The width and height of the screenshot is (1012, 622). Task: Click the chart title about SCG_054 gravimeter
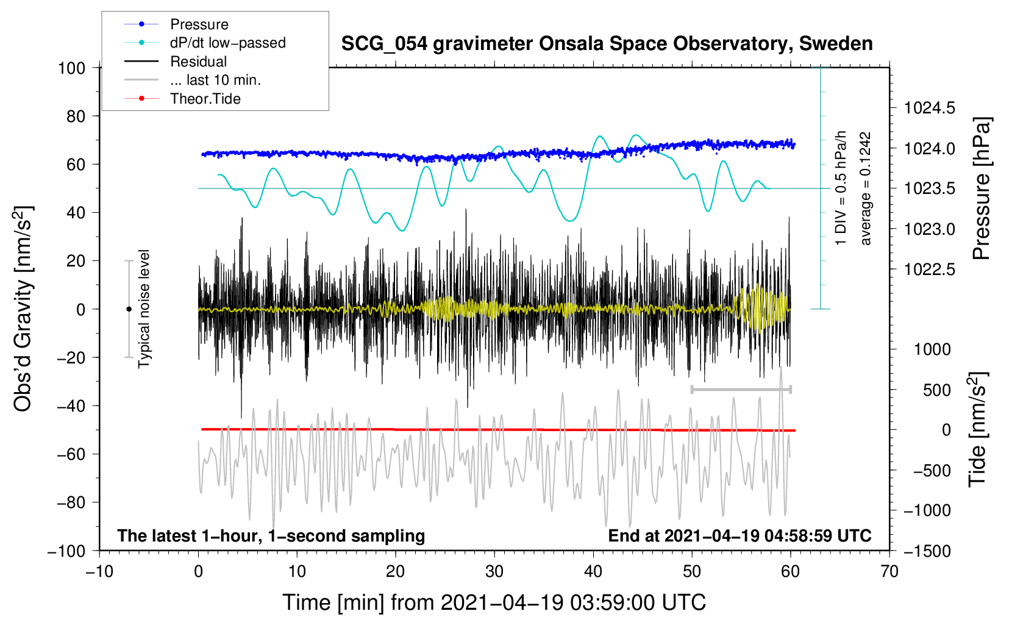point(607,44)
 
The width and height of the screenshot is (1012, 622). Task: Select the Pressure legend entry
point(199,24)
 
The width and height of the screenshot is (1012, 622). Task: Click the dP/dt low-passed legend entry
point(227,43)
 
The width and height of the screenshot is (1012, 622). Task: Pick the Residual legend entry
point(198,62)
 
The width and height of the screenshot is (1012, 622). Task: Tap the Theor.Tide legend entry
point(205,99)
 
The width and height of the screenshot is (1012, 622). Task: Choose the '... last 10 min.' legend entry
point(215,80)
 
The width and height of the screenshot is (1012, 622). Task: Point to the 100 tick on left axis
point(71,68)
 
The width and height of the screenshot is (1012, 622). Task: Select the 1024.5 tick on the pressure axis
point(929,109)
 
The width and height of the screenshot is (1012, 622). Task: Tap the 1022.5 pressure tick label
point(929,270)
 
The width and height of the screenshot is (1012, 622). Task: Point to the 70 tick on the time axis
point(889,571)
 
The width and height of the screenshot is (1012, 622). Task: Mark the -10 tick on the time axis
point(99,571)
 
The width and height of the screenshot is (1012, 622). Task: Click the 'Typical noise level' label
point(144,309)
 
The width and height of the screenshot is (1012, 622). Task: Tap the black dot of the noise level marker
point(129,309)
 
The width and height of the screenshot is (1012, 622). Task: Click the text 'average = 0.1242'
point(866,188)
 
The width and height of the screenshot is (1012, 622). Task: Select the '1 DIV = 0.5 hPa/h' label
point(841,188)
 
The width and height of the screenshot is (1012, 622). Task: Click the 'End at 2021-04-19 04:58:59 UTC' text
point(739,535)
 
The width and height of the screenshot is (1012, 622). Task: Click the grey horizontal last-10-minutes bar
point(741,389)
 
